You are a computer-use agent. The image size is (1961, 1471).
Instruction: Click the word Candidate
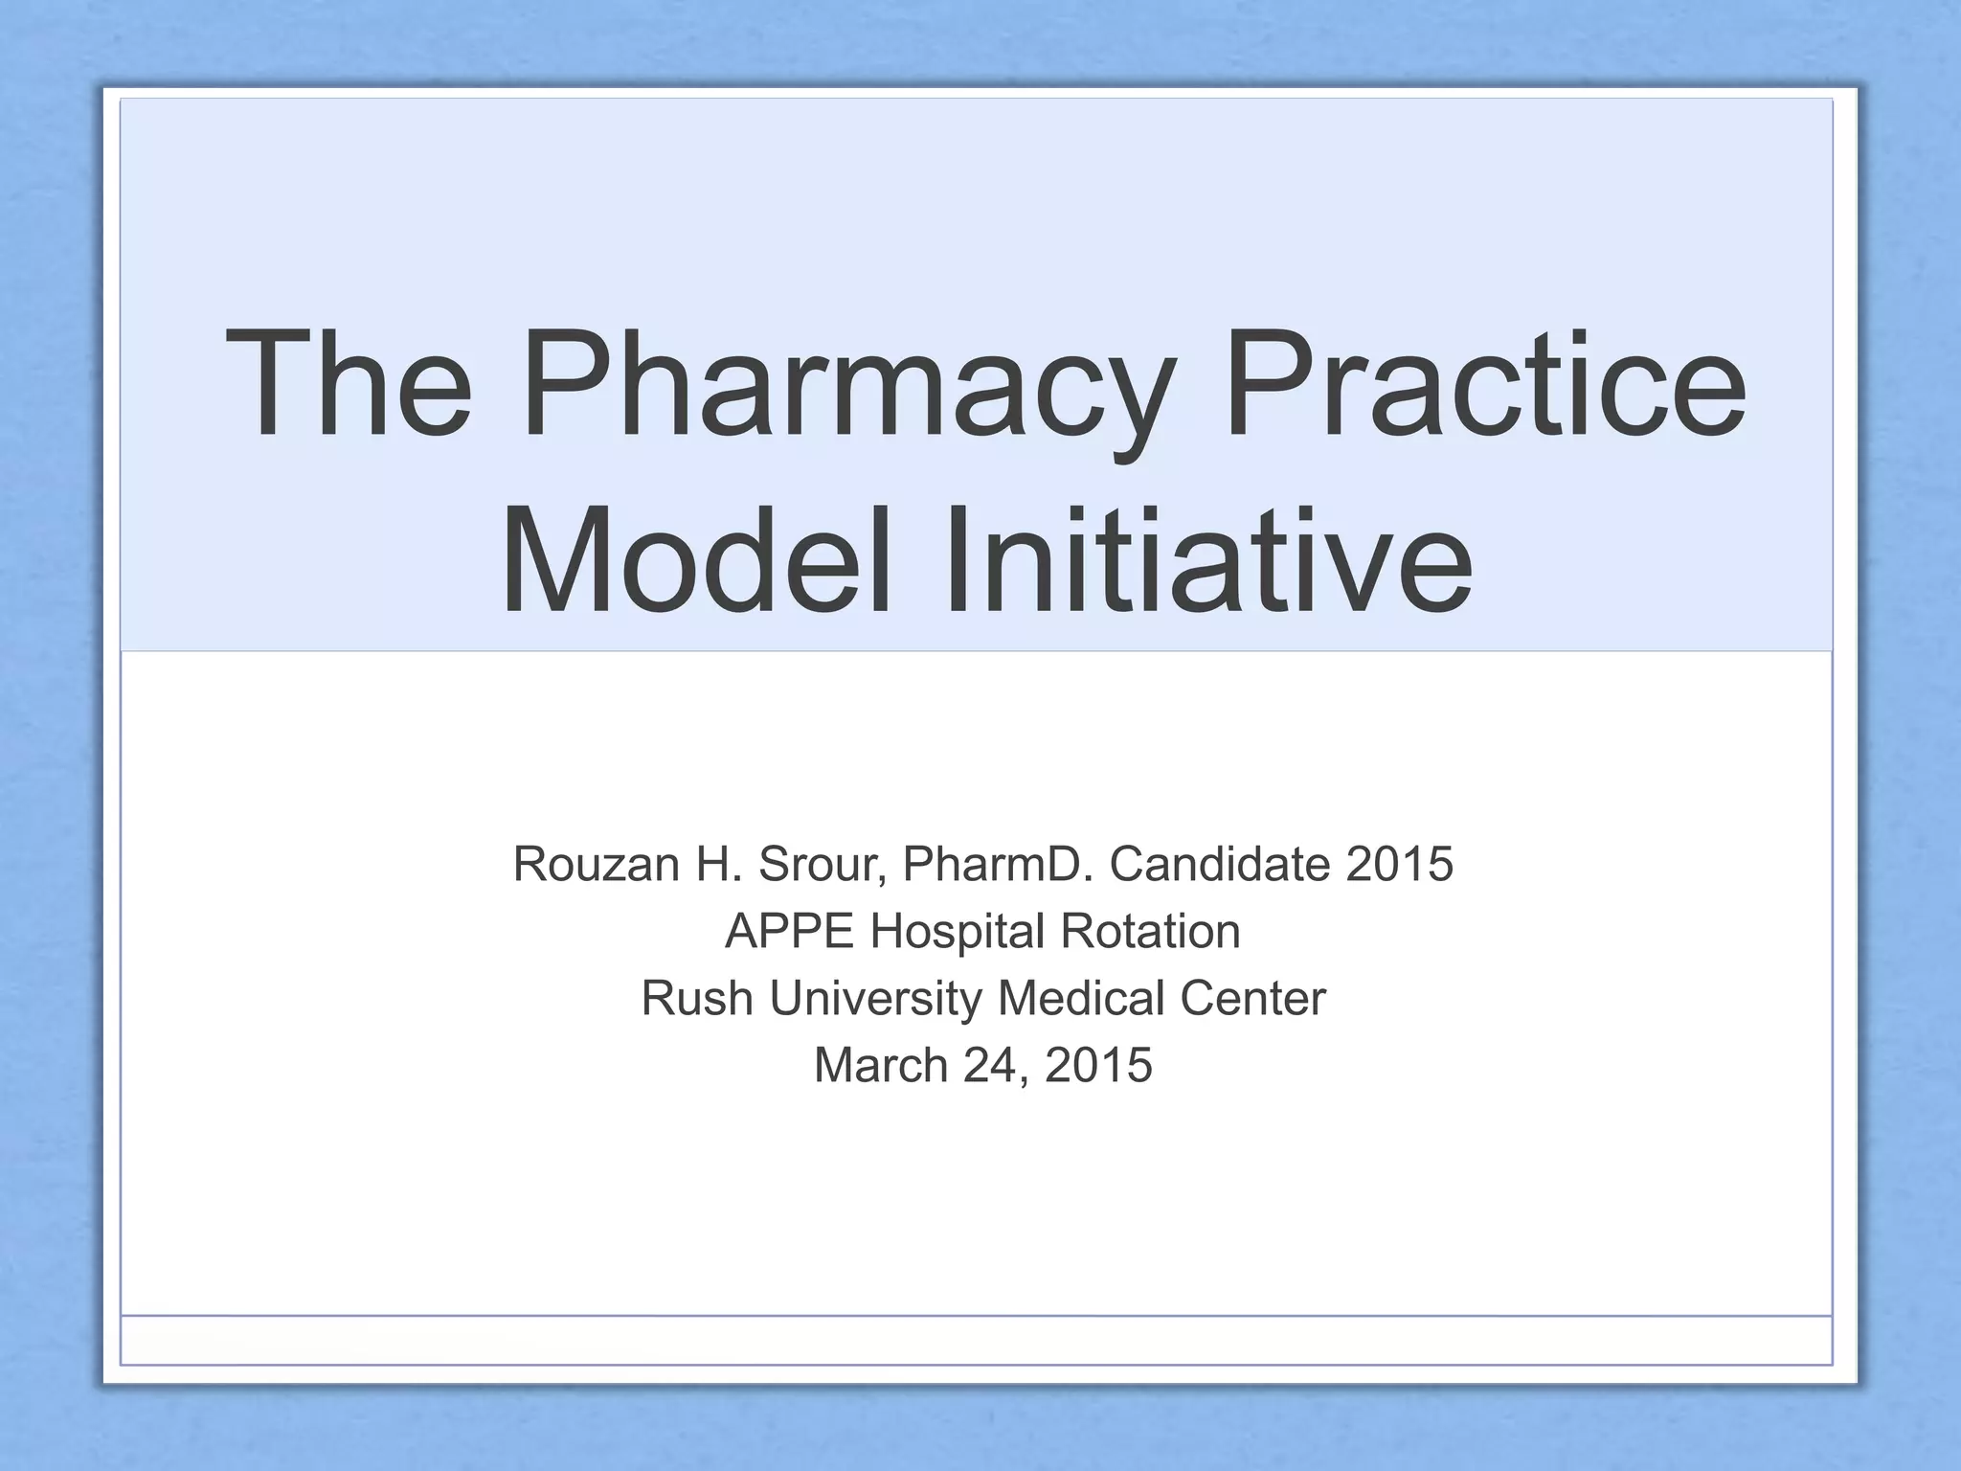coord(1219,864)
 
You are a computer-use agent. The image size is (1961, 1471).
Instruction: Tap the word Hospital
coord(957,931)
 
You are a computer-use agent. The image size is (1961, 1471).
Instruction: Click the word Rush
coord(697,998)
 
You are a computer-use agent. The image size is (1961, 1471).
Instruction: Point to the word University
coord(875,998)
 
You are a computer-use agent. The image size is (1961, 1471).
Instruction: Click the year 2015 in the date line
coord(1098,1065)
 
